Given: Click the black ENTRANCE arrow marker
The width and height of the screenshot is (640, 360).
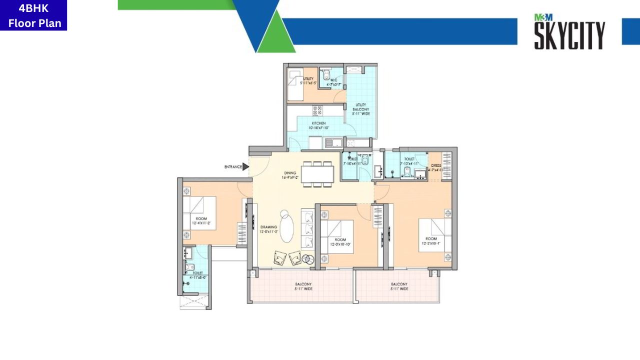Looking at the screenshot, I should pyautogui.click(x=245, y=166).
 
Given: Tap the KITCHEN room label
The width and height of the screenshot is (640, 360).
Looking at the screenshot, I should pyautogui.click(x=319, y=123).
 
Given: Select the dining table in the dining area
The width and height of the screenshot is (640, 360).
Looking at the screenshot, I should pyautogui.click(x=317, y=174).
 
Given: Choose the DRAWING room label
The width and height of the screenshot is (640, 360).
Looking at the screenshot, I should pyautogui.click(x=268, y=227).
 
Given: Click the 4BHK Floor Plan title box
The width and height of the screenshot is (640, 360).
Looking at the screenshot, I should pyautogui.click(x=33, y=15).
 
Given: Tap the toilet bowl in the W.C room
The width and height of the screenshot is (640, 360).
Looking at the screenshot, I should pyautogui.click(x=326, y=75).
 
